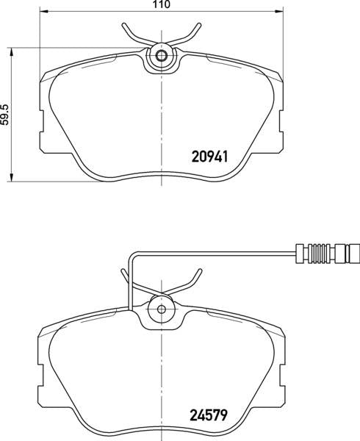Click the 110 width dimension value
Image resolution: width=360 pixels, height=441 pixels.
[x=161, y=4]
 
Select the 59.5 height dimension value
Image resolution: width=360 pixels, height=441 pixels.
[x=5, y=115]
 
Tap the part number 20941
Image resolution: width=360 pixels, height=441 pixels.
[x=212, y=157]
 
